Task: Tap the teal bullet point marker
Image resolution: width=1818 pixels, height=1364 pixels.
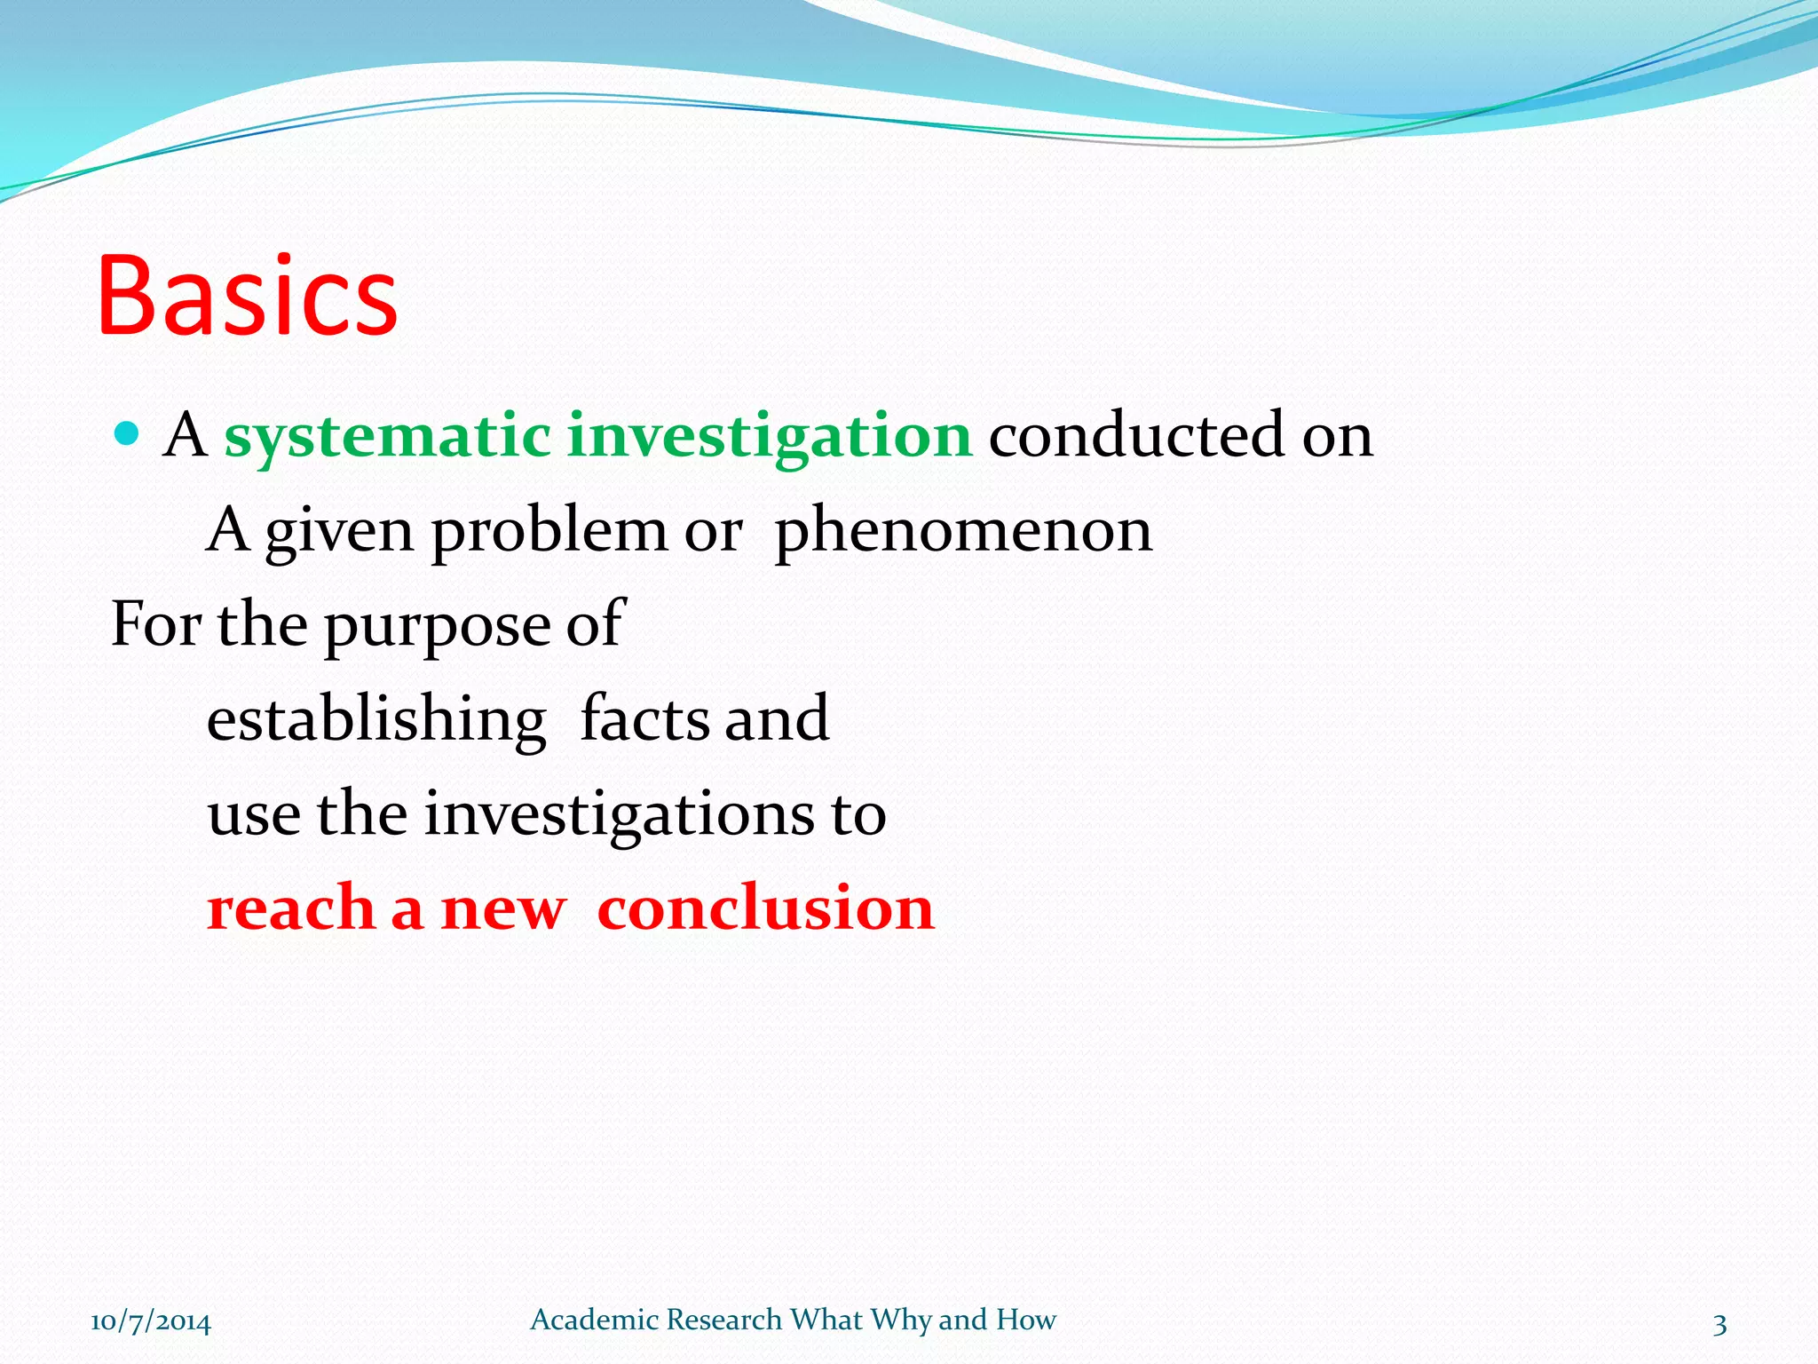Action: click(128, 433)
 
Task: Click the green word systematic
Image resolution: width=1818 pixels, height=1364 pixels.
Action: click(387, 437)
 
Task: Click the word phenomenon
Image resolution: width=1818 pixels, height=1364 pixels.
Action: click(963, 531)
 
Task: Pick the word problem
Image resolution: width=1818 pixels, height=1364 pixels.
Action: click(549, 531)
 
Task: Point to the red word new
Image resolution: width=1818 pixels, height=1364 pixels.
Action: click(503, 910)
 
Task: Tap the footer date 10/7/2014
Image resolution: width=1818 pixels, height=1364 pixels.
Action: click(151, 1321)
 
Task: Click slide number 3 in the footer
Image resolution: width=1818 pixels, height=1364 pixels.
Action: click(1719, 1324)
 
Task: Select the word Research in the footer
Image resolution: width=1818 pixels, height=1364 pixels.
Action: click(723, 1320)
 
